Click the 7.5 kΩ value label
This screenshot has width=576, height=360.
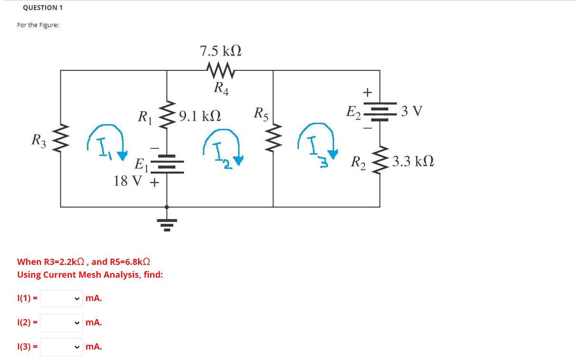click(221, 51)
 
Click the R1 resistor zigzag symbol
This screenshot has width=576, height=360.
click(166, 116)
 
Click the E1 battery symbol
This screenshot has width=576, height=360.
click(166, 164)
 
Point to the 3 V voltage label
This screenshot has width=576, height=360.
click(411, 111)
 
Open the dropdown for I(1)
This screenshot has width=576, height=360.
click(61, 299)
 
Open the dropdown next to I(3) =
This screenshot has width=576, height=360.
click(61, 347)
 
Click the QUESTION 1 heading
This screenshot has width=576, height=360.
click(43, 8)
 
